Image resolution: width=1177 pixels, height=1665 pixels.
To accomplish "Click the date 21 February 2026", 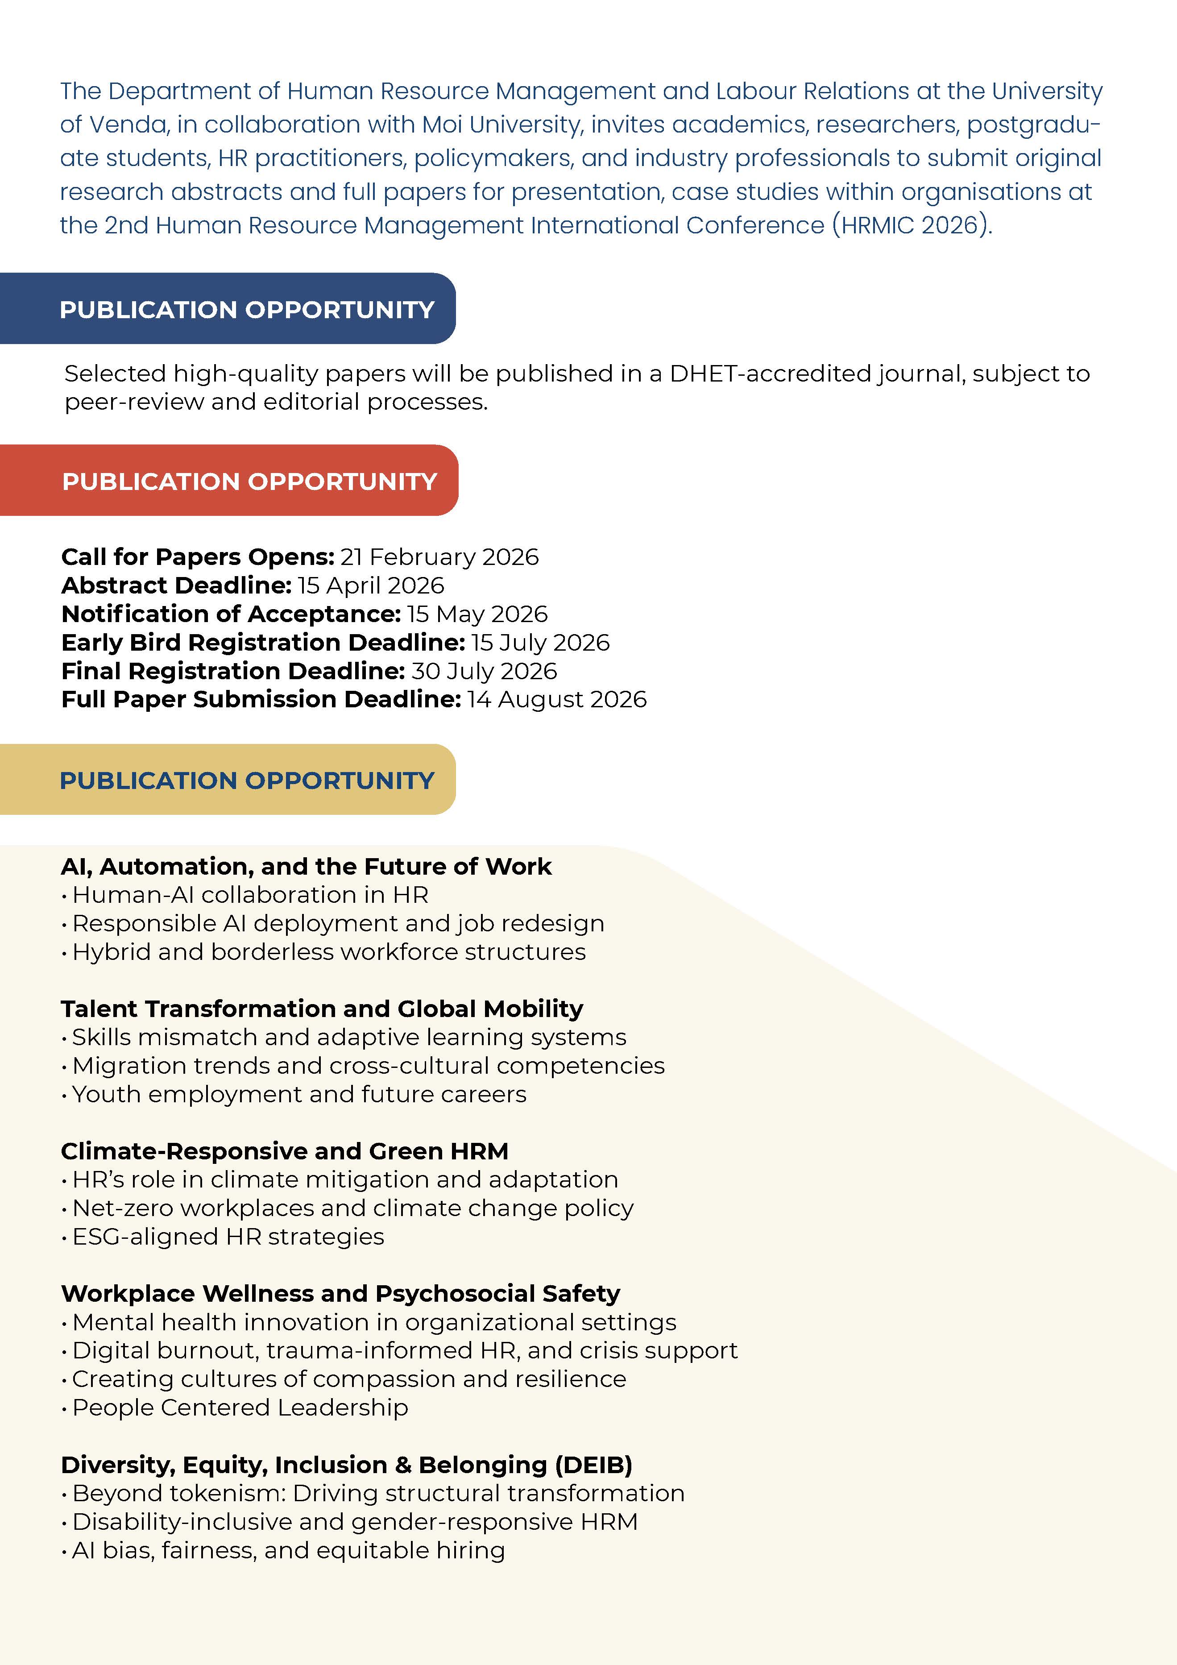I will pyautogui.click(x=439, y=557).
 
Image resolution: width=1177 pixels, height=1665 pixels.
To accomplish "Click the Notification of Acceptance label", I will pyautogui.click(x=231, y=614).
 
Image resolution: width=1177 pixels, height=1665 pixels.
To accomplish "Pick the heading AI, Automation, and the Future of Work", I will pyautogui.click(x=306, y=867).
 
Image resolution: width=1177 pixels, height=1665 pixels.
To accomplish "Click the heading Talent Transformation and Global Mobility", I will pyautogui.click(x=322, y=1009).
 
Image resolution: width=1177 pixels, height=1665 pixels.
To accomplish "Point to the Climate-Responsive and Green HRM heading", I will pyautogui.click(x=284, y=1151).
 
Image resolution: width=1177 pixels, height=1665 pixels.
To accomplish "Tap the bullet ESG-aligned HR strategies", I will pyautogui.click(x=228, y=1237).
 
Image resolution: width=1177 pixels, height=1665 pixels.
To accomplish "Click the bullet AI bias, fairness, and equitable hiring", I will pyautogui.click(x=288, y=1550).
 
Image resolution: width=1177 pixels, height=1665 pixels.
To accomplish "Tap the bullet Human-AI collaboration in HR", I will pyautogui.click(x=250, y=895).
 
